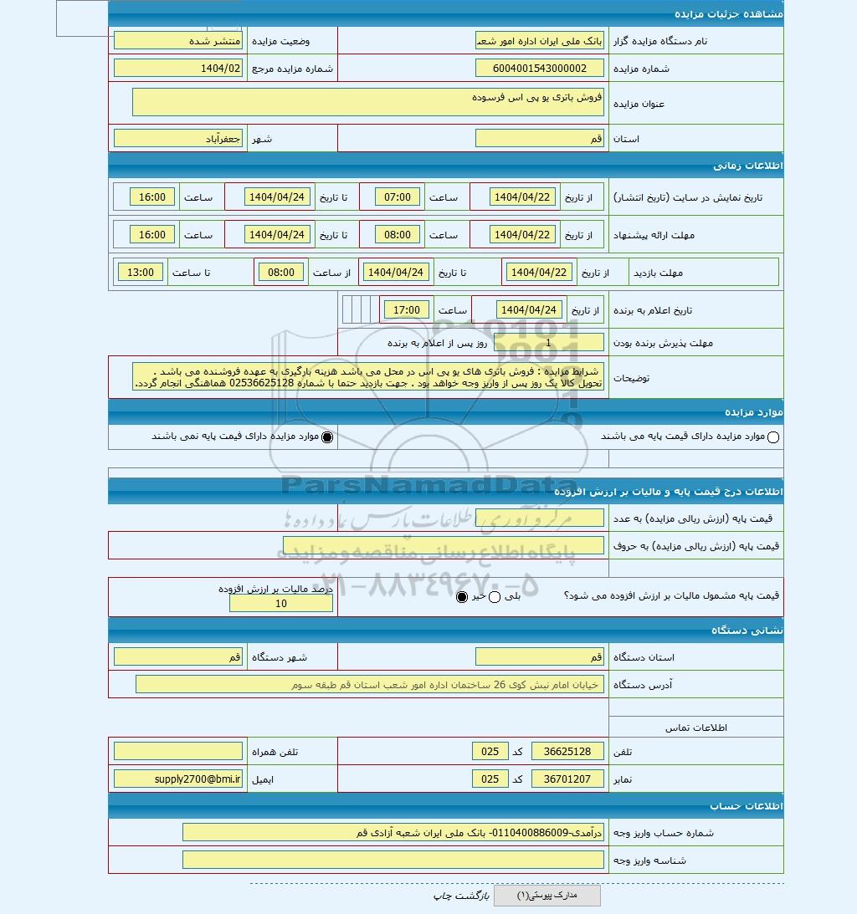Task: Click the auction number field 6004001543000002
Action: click(x=539, y=69)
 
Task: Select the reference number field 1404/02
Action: click(x=177, y=69)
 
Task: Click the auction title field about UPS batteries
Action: click(x=367, y=102)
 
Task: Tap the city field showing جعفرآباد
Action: click(x=177, y=139)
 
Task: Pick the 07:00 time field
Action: click(x=398, y=197)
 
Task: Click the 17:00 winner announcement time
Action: click(x=407, y=310)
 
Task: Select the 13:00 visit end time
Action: click(x=141, y=272)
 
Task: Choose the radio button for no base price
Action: click(x=327, y=437)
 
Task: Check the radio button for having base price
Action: click(x=772, y=437)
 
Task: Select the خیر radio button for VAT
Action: click(x=462, y=596)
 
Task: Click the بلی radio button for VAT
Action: click(x=494, y=596)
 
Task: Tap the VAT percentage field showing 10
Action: click(x=281, y=604)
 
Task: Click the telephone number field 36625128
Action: click(x=567, y=752)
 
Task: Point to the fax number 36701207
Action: click(x=567, y=779)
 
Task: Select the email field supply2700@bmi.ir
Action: click(x=177, y=779)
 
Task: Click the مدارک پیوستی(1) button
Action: click(x=547, y=896)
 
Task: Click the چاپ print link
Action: click(x=442, y=896)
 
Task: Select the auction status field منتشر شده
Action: click(x=177, y=40)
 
